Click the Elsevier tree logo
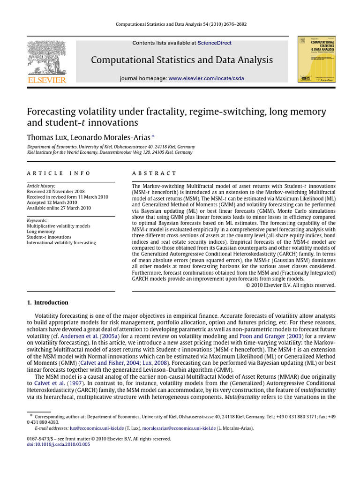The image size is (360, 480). point(46,57)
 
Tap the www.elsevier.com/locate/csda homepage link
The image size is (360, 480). point(206,78)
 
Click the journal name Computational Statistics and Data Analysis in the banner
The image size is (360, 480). point(181,60)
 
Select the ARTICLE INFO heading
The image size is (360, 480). point(59,173)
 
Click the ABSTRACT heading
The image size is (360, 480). point(154,173)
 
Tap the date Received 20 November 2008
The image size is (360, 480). point(56,192)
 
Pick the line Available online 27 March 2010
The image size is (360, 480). point(59,208)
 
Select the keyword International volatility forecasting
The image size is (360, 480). point(61,242)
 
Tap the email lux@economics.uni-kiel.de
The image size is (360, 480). point(97,428)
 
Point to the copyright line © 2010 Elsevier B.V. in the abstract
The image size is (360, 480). point(290,285)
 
